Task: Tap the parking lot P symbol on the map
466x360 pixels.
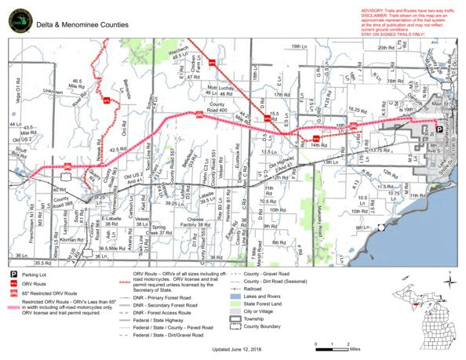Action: point(439,129)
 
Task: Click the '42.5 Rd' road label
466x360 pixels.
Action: point(117,149)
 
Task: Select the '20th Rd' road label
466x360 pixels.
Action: point(384,47)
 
